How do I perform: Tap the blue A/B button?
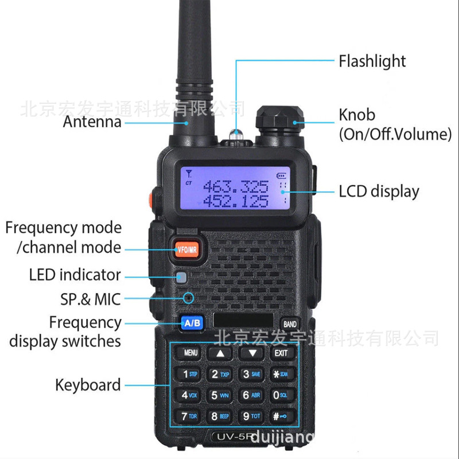[x=192, y=324]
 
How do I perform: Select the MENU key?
[x=191, y=353]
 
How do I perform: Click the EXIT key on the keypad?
[x=281, y=353]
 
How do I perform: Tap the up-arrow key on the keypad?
[x=221, y=353]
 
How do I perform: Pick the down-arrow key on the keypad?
[x=251, y=353]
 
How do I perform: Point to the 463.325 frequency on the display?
[x=236, y=186]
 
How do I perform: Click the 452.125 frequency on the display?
[x=236, y=201]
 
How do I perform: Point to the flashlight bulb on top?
[x=235, y=135]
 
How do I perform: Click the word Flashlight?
[x=372, y=61]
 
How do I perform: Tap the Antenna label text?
[x=92, y=122]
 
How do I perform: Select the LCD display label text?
[x=379, y=191]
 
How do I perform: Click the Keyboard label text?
[x=88, y=385]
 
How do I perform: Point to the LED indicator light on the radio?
[x=182, y=278]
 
